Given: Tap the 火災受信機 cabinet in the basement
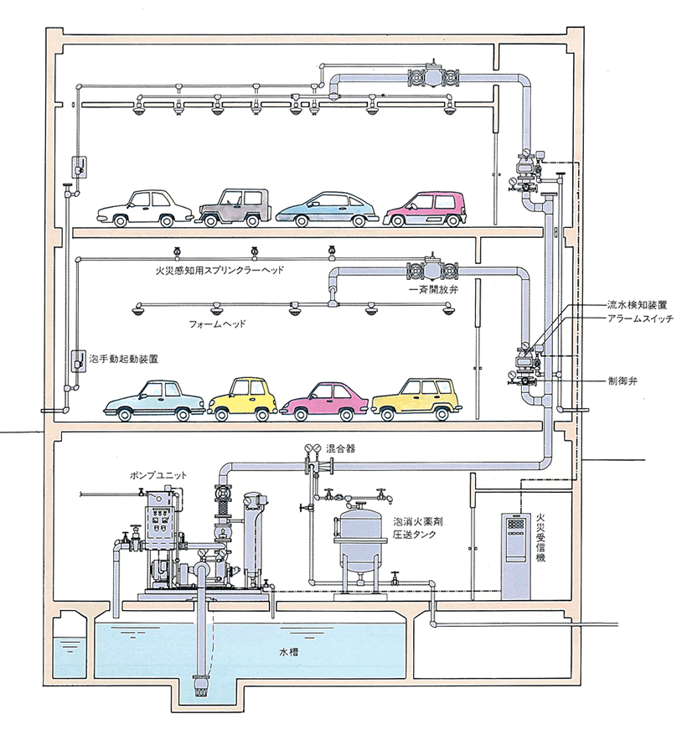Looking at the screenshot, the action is click(x=515, y=556).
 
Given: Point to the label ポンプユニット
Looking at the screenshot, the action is click(x=158, y=475).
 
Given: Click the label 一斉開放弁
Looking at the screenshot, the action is click(x=434, y=290).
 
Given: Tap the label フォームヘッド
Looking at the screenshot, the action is click(x=217, y=324).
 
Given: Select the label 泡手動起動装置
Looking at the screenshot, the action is click(x=124, y=360).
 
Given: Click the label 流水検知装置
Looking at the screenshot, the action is click(x=637, y=305).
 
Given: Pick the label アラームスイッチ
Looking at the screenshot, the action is click(x=640, y=318).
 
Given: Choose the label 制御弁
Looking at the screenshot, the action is click(x=622, y=380).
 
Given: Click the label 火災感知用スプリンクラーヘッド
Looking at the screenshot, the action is click(x=220, y=271).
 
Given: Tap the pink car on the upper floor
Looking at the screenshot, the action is click(x=426, y=209).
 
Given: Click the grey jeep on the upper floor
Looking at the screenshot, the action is click(x=235, y=208).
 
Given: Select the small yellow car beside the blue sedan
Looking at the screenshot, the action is click(x=242, y=399).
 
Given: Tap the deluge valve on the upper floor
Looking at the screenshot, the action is click(x=432, y=75).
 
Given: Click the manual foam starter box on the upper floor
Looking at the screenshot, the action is click(x=80, y=167).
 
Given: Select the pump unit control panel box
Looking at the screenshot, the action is click(x=162, y=521).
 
